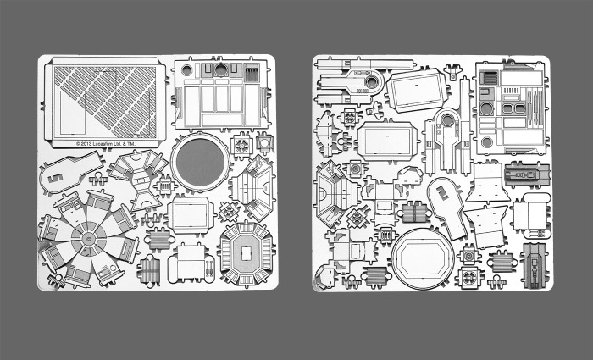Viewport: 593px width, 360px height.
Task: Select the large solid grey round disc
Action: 199,162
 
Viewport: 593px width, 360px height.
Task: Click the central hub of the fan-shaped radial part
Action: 87,235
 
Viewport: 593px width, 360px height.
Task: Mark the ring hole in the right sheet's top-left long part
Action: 369,84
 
